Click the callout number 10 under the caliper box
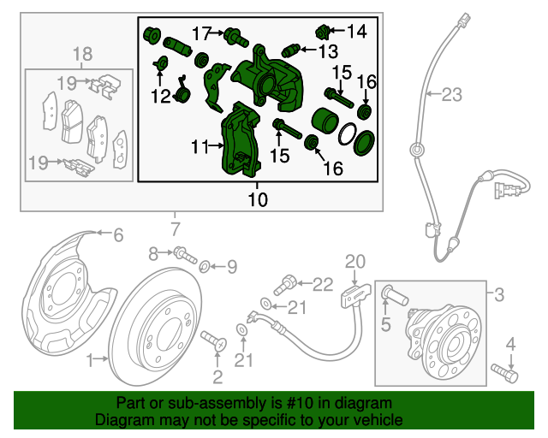tap(258, 199)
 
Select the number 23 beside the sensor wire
tap(450, 96)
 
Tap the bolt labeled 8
tap(184, 254)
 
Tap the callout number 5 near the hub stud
tap(385, 324)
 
